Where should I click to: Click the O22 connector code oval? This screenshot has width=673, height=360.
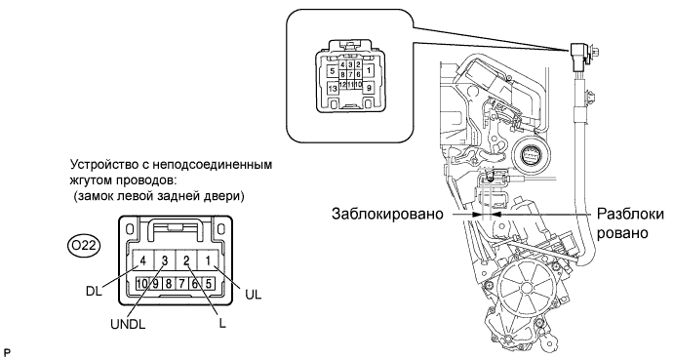pyautogui.click(x=84, y=246)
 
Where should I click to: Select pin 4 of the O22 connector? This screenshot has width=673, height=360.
pyautogui.click(x=143, y=260)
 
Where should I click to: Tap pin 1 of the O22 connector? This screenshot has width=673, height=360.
pyautogui.click(x=208, y=260)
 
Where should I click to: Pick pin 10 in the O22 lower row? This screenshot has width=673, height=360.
pyautogui.click(x=142, y=284)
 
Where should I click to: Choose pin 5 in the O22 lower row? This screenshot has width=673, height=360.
pyautogui.click(x=208, y=284)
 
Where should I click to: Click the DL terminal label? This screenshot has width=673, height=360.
pyautogui.click(x=94, y=291)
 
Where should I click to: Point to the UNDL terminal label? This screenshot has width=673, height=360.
pyautogui.click(x=128, y=324)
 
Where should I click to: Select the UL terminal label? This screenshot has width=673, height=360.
pyautogui.click(x=254, y=295)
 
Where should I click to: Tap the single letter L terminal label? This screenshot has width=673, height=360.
pyautogui.click(x=222, y=323)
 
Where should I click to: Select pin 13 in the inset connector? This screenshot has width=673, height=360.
pyautogui.click(x=333, y=89)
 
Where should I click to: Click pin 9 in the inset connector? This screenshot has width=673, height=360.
pyautogui.click(x=369, y=89)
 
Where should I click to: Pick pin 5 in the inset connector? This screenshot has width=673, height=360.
pyautogui.click(x=333, y=71)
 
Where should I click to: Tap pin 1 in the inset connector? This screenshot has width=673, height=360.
pyautogui.click(x=369, y=69)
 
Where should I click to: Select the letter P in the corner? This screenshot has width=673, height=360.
pyautogui.click(x=7, y=353)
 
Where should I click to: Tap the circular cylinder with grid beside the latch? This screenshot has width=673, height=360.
pyautogui.click(x=531, y=155)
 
